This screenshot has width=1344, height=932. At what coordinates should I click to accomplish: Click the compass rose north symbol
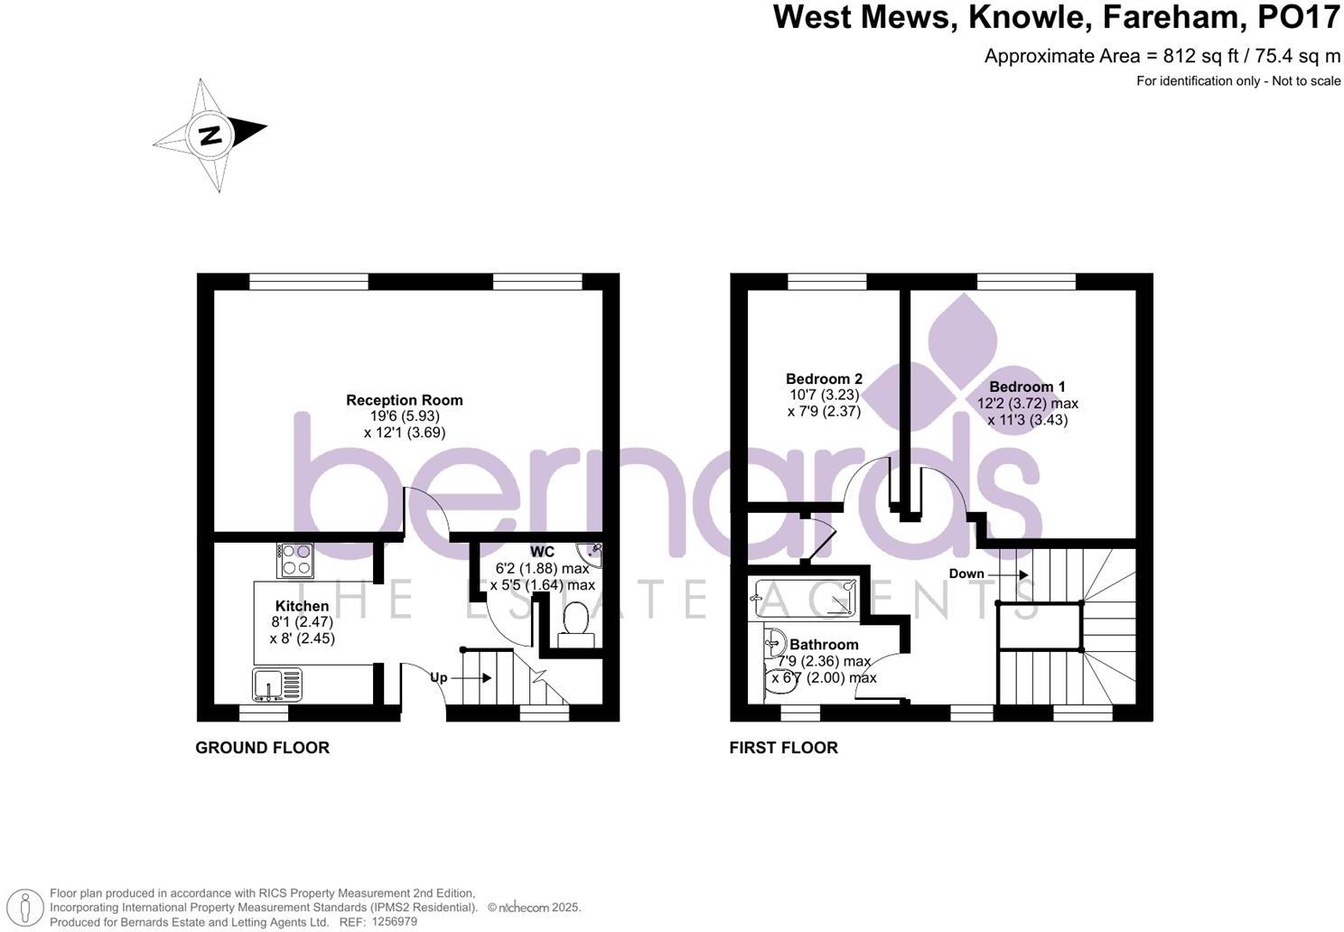pyautogui.click(x=210, y=135)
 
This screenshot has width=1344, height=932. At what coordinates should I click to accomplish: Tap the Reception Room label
pyautogui.click(x=405, y=400)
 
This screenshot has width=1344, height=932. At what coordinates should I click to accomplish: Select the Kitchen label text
pyautogui.click(x=303, y=606)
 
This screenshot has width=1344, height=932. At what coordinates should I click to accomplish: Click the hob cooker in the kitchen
pyautogui.click(x=295, y=560)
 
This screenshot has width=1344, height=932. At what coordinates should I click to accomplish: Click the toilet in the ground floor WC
pyautogui.click(x=575, y=624)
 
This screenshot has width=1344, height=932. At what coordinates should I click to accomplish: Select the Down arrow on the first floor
pyautogui.click(x=988, y=574)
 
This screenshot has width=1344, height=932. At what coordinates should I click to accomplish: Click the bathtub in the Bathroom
pyautogui.click(x=805, y=598)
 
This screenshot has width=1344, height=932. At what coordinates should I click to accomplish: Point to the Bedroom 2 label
pyautogui.click(x=824, y=379)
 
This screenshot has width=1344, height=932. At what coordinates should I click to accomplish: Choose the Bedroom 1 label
pyautogui.click(x=1027, y=387)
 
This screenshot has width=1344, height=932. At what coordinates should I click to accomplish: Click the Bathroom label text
pyautogui.click(x=824, y=645)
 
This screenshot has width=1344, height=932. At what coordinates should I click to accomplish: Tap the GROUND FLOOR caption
pyautogui.click(x=262, y=748)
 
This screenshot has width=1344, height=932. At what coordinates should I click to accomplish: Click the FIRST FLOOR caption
pyautogui.click(x=783, y=748)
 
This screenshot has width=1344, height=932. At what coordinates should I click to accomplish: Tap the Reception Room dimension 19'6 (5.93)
pyautogui.click(x=405, y=416)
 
